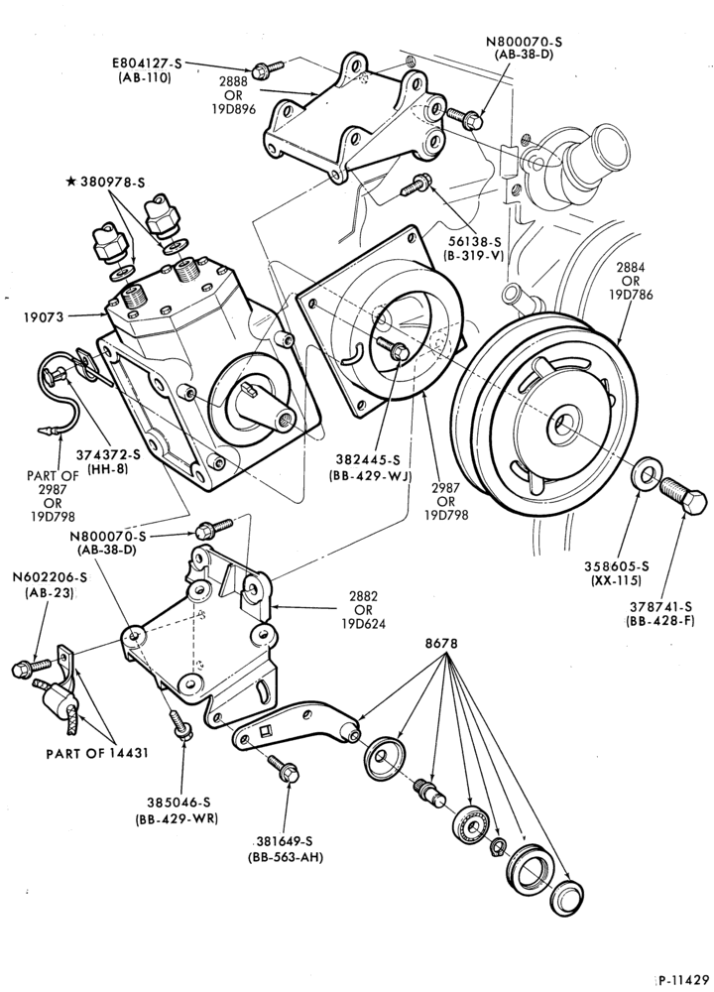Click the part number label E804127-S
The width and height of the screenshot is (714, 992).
coord(147,63)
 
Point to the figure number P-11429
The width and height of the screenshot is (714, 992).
coord(685,980)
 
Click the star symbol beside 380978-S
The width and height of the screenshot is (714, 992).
coord(70,183)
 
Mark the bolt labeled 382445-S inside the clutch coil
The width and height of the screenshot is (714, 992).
coord(392,348)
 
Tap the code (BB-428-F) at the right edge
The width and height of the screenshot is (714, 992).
coord(658,621)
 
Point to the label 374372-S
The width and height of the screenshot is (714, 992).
coord(109,453)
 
